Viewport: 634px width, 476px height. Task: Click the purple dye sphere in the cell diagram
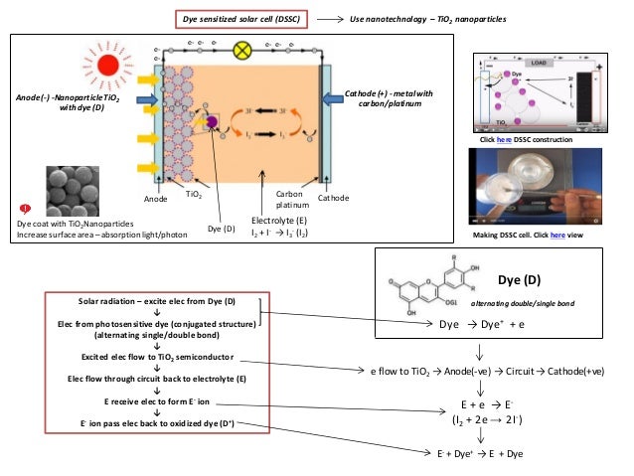coord(211,122)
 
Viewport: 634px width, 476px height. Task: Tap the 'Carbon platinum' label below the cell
coord(288,198)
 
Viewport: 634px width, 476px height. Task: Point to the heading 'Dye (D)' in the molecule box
coord(518,280)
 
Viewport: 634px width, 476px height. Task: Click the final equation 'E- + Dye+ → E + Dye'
coord(482,452)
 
